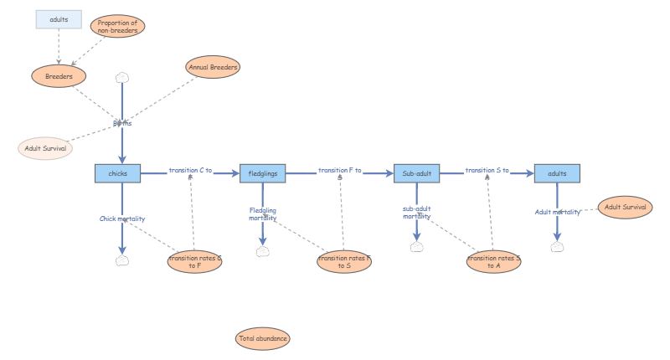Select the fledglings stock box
point(263,173)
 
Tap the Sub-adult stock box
point(416,173)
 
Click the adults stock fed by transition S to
point(557,173)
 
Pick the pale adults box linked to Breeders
point(59,18)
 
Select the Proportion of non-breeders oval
point(117,26)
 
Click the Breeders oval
point(59,76)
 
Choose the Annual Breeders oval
point(214,67)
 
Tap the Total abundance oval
point(263,339)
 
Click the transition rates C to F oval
point(195,262)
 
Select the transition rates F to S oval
point(344,262)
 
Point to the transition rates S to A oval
point(493,262)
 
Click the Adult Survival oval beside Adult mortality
point(625,206)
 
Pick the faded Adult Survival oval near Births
point(45,148)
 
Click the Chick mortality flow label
point(122,219)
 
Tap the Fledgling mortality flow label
point(263,214)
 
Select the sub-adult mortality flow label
point(416,213)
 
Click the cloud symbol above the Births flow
point(122,77)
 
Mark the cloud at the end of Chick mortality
point(122,260)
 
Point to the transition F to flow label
point(339,170)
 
